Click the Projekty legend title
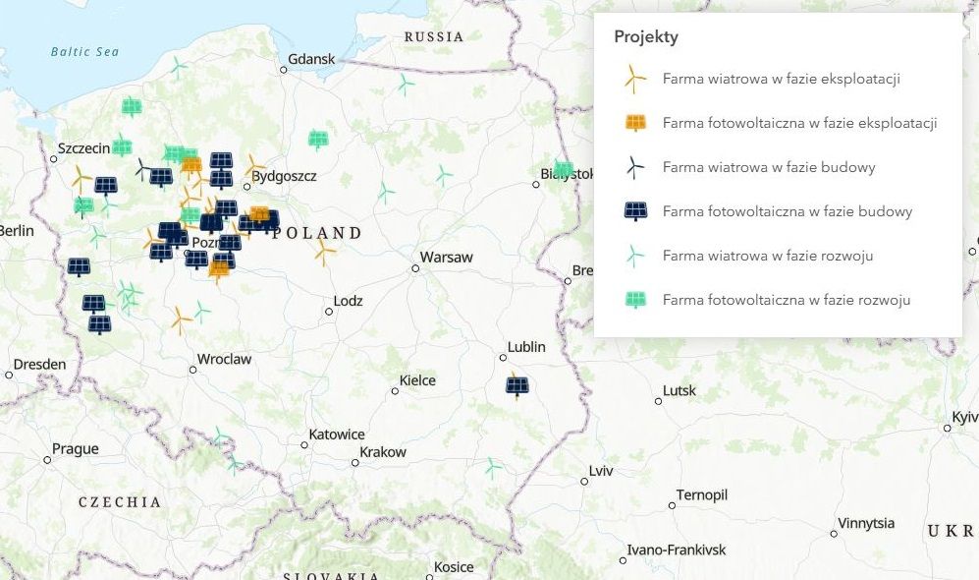pyautogui.click(x=646, y=37)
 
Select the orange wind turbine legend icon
pyautogui.click(x=635, y=79)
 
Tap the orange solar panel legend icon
pyautogui.click(x=635, y=123)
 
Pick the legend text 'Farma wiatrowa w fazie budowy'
pyautogui.click(x=769, y=167)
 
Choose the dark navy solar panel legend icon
pyautogui.click(x=635, y=211)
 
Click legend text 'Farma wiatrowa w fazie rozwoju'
pyautogui.click(x=768, y=256)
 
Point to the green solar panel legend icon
pyautogui.click(x=635, y=300)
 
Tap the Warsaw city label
pyautogui.click(x=448, y=258)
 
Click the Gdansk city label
pyautogui.click(x=311, y=59)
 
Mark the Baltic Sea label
pyautogui.click(x=84, y=52)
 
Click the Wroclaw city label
pyautogui.click(x=224, y=360)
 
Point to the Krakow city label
pyautogui.click(x=383, y=452)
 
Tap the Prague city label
pyautogui.click(x=76, y=449)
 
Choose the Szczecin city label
pyautogui.click(x=83, y=148)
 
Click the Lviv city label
pyautogui.click(x=601, y=472)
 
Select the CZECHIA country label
pyautogui.click(x=120, y=502)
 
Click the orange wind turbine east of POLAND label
pyautogui.click(x=324, y=252)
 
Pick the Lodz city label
pyautogui.click(x=348, y=302)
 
